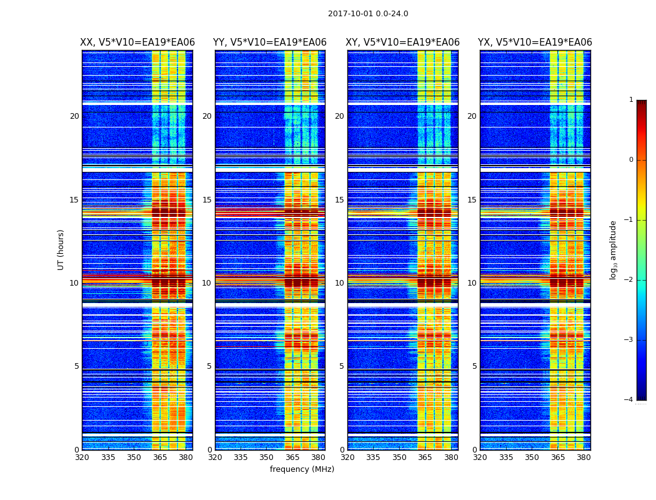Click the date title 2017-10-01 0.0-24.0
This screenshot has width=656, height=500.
coord(368,14)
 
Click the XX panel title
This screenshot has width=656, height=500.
coord(137,42)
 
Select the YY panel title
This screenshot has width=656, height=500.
coord(270,42)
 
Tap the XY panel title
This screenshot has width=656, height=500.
coord(402,42)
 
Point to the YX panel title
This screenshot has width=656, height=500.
coord(535,42)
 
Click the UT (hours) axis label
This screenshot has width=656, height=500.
coord(61,249)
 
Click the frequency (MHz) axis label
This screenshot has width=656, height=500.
coord(302,469)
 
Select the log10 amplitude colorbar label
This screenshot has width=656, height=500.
coord(614,249)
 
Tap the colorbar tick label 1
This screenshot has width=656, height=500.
coord(631,100)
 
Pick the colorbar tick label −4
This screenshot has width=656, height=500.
coord(630,400)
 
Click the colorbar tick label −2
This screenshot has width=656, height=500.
coord(630,280)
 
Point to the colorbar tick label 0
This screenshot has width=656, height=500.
coord(631,160)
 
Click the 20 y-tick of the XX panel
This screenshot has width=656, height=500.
coord(74,116)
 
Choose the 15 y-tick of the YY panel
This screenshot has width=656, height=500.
coord(207,200)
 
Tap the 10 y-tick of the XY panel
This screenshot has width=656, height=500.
coord(339,283)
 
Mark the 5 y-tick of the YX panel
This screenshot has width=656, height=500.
coord(474,366)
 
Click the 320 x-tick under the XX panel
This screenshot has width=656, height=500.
coord(82,457)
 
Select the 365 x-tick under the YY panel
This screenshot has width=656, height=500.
coord(292,457)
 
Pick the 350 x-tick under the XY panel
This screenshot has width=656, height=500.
coord(399,457)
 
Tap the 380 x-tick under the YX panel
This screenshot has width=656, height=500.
coord(584,457)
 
